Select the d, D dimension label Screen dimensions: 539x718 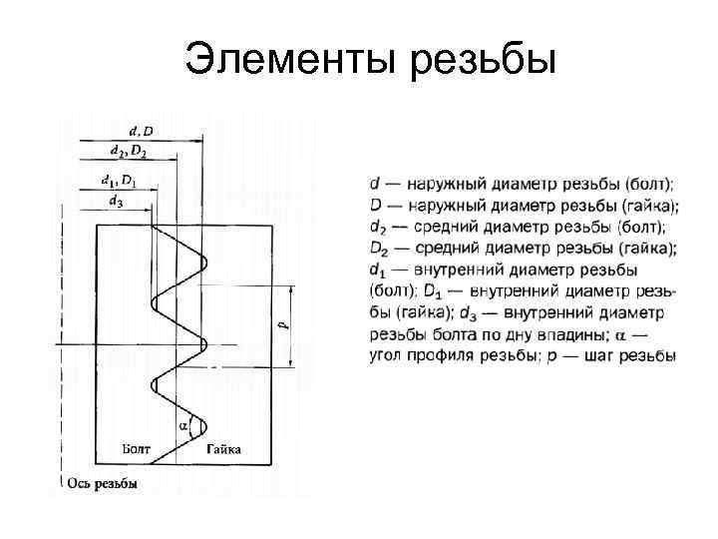pos(142,130)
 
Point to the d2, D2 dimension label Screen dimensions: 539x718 pos(129,151)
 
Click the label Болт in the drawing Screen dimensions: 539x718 pos(137,451)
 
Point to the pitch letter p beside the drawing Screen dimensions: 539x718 pos(279,324)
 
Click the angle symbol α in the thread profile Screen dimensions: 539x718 pos(183,425)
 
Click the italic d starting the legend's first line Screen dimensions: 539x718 pos(374,184)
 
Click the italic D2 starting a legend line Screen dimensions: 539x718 pos(377,249)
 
